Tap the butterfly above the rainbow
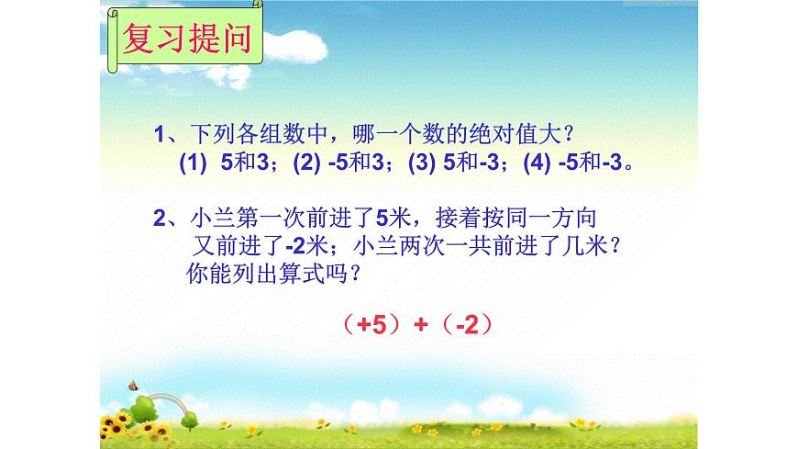134,386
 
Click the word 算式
313,274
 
